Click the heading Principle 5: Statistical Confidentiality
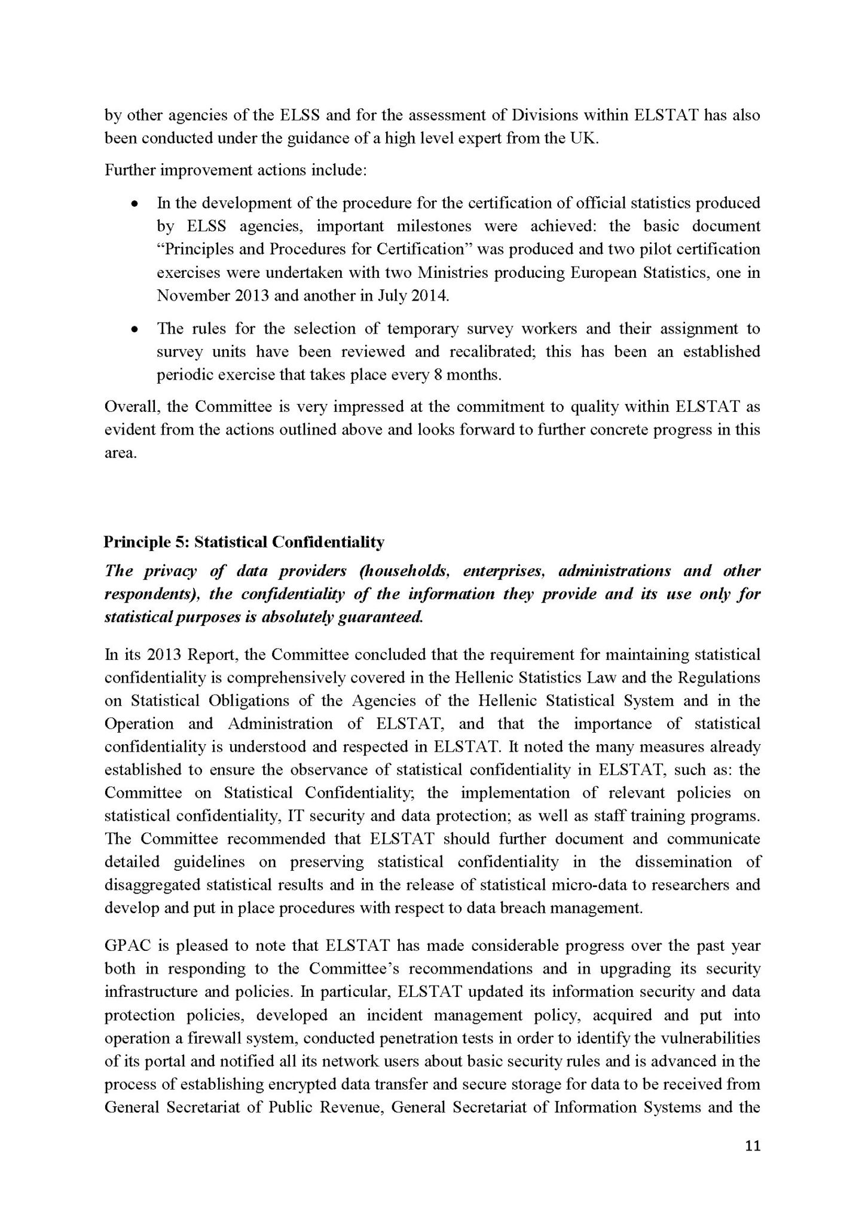click(244, 542)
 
